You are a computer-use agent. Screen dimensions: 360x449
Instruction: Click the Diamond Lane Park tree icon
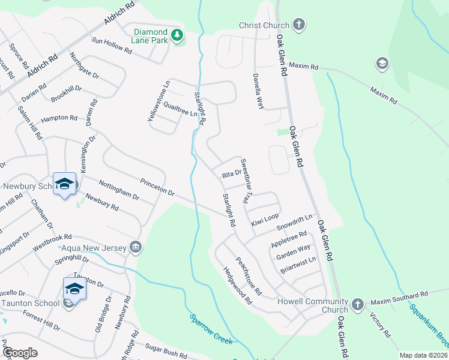click(x=176, y=35)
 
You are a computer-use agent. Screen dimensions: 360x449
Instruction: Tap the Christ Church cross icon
click(x=298, y=25)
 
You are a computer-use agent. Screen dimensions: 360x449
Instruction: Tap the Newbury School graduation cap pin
click(x=64, y=184)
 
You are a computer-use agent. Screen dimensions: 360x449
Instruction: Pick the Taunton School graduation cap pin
click(x=74, y=289)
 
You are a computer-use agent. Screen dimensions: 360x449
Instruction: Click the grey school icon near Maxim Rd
click(x=381, y=63)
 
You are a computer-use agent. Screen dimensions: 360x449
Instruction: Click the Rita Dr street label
click(x=231, y=173)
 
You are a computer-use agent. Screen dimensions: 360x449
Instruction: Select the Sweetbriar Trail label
click(x=247, y=180)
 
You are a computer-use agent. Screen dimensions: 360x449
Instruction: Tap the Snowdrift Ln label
click(x=295, y=223)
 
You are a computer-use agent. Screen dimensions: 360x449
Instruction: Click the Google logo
click(x=20, y=352)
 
